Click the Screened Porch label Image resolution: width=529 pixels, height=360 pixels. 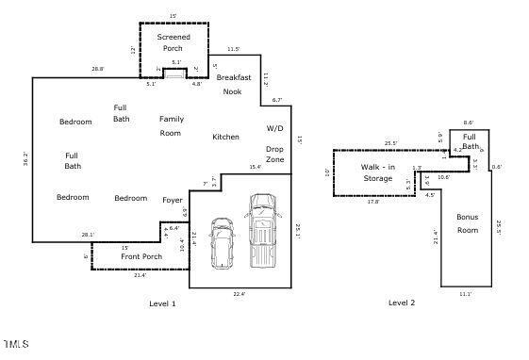[x=174, y=42]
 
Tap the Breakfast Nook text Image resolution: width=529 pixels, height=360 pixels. [x=232, y=84]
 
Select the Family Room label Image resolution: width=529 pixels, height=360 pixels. [x=171, y=125]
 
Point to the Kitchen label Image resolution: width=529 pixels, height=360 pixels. [x=225, y=137]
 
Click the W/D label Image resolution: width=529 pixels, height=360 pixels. [x=274, y=127]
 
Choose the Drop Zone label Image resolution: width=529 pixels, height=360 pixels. [x=274, y=155]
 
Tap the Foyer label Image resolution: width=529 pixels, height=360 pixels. [x=173, y=200]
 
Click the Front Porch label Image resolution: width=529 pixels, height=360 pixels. [x=141, y=256]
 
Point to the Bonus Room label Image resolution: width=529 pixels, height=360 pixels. [x=467, y=223]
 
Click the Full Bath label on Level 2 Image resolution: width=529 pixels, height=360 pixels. [x=470, y=140]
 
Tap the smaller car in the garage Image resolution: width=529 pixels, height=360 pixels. [x=223, y=242]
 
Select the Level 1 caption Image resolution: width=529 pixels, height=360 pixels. [x=162, y=303]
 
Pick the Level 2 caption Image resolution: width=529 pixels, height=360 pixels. [x=402, y=303]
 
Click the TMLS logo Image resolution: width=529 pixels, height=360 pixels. [x=15, y=343]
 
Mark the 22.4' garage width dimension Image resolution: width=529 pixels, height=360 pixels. [x=239, y=294]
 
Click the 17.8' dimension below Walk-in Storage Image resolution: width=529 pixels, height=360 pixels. [x=372, y=202]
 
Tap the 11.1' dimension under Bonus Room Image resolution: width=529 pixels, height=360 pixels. [x=465, y=294]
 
